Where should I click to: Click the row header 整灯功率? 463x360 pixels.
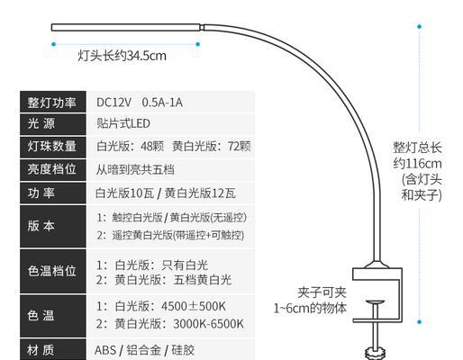(51, 103)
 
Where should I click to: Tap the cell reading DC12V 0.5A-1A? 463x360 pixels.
(140, 103)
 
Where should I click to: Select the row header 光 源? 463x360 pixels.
(41, 123)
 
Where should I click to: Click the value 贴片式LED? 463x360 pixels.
(123, 123)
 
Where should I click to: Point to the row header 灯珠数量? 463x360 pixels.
(51, 147)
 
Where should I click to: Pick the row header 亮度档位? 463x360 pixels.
(51, 169)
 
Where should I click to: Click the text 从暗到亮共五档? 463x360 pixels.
(135, 170)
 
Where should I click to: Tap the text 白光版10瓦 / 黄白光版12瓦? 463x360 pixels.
(166, 193)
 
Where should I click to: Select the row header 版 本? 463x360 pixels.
(41, 226)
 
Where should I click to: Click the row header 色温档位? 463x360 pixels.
(51, 271)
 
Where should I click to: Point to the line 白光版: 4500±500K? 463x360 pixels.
(161, 306)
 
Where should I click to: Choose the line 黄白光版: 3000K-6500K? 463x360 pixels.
(170, 324)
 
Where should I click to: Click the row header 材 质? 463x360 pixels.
(41, 350)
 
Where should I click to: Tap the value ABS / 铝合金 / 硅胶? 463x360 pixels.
(145, 350)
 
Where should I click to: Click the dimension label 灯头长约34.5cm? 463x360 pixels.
(122, 56)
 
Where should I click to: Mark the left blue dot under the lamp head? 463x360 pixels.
(53, 44)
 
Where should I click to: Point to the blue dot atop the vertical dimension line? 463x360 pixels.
(420, 26)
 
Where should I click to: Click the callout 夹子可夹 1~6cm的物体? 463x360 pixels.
(311, 301)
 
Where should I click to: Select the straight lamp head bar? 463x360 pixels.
(126, 27)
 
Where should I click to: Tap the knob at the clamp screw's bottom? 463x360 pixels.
(375, 353)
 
